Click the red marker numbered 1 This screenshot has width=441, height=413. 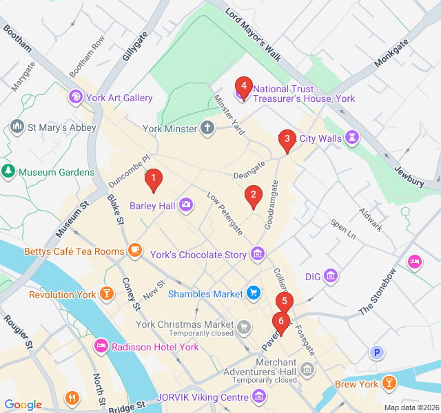click(154, 180)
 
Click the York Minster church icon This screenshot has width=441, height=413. click(207, 128)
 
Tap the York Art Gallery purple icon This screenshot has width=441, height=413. click(75, 98)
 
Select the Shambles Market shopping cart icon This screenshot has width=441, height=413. click(254, 294)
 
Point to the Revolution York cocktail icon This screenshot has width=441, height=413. click(107, 295)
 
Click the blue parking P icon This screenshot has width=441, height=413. click(376, 353)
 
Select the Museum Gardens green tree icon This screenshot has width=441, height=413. click(8, 171)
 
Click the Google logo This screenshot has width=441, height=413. click(23, 405)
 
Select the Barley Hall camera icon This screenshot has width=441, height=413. click(185, 205)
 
